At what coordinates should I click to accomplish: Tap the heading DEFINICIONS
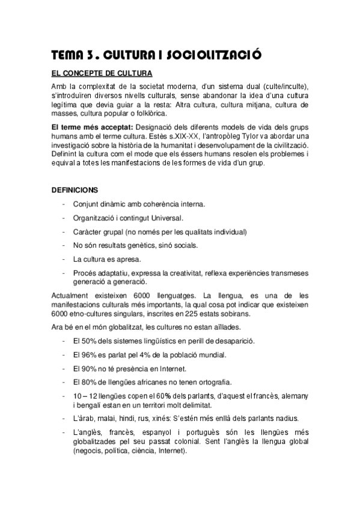(x=74, y=189)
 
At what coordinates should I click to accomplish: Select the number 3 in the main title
(x=89, y=56)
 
